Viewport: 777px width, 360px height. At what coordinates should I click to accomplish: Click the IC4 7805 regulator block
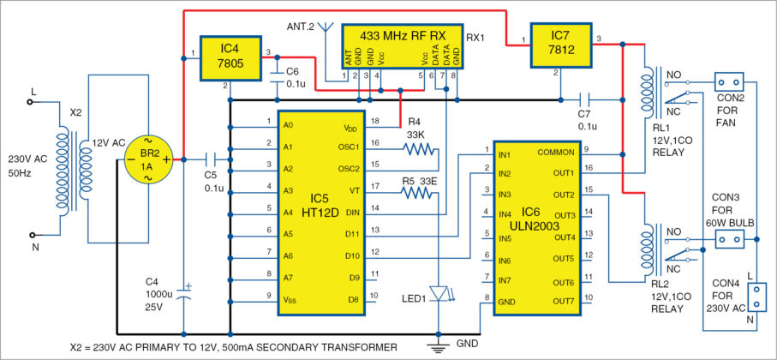click(x=229, y=57)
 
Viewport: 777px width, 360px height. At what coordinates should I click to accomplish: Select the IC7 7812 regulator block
click(x=559, y=45)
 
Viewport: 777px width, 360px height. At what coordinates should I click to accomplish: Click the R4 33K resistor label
click(x=415, y=133)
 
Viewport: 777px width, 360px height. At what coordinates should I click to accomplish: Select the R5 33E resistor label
click(x=415, y=181)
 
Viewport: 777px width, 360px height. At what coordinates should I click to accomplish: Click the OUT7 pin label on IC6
click(x=561, y=301)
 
